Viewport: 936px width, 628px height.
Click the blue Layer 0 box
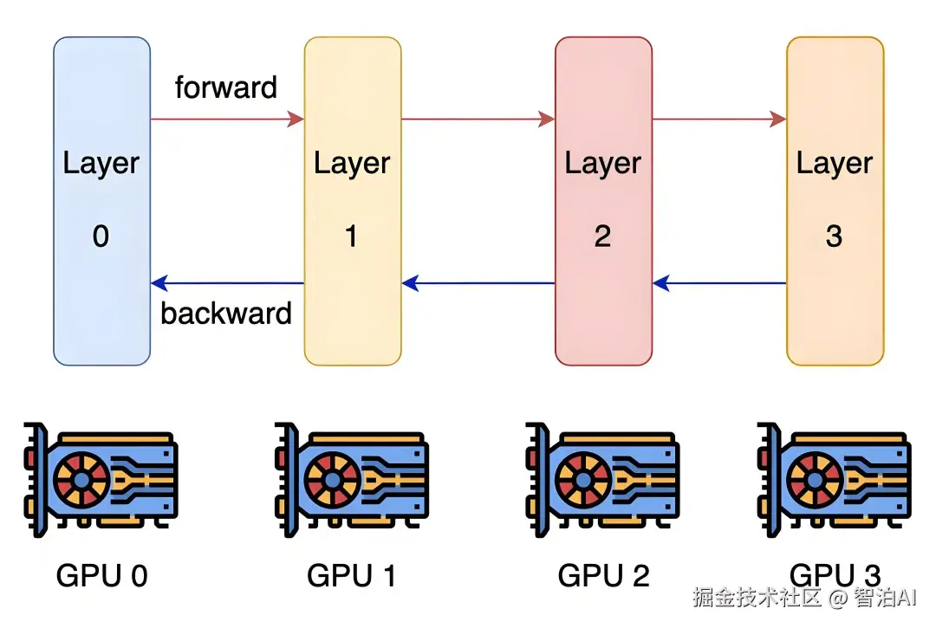click(101, 201)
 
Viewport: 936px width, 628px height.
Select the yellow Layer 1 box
click(352, 201)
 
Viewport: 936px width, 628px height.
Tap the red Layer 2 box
click(603, 201)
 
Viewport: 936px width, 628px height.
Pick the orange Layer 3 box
click(835, 201)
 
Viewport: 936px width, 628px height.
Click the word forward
click(225, 87)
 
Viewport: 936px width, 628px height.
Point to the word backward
click(226, 313)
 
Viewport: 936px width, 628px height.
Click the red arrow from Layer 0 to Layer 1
click(227, 119)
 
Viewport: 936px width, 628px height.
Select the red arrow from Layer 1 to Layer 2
click(478, 119)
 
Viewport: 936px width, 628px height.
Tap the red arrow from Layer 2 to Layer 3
click(718, 119)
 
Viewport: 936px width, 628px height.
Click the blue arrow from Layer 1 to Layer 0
click(227, 283)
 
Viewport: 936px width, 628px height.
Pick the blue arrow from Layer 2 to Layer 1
click(478, 283)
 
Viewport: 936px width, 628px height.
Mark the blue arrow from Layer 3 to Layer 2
click(718, 283)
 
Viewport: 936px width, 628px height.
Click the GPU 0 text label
click(101, 575)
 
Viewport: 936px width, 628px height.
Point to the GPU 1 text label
click(351, 575)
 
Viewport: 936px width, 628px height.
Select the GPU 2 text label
click(602, 575)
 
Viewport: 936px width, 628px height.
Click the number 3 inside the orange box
click(834, 236)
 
